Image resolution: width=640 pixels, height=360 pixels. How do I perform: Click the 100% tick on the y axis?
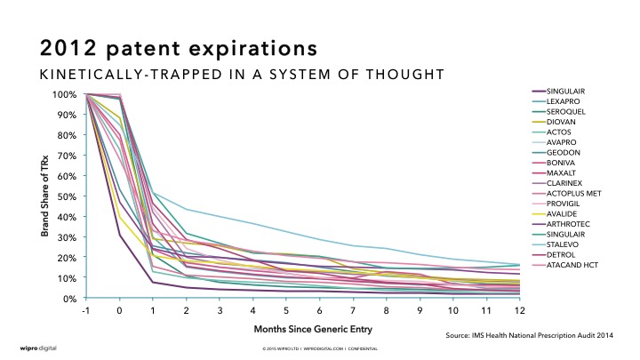66,93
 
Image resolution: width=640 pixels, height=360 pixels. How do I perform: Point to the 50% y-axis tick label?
68,196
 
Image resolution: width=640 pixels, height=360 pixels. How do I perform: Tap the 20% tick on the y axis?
68,257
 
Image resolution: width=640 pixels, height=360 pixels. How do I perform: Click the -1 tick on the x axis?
87,309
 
